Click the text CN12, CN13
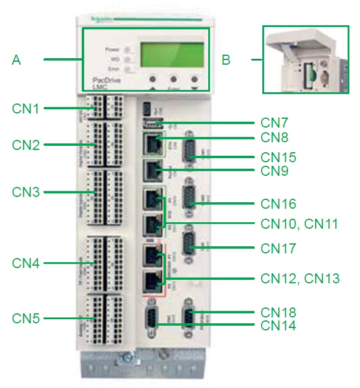tap(300, 278)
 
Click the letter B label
tap(226, 59)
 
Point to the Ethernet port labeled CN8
tap(152, 143)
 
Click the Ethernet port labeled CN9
tap(152, 170)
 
